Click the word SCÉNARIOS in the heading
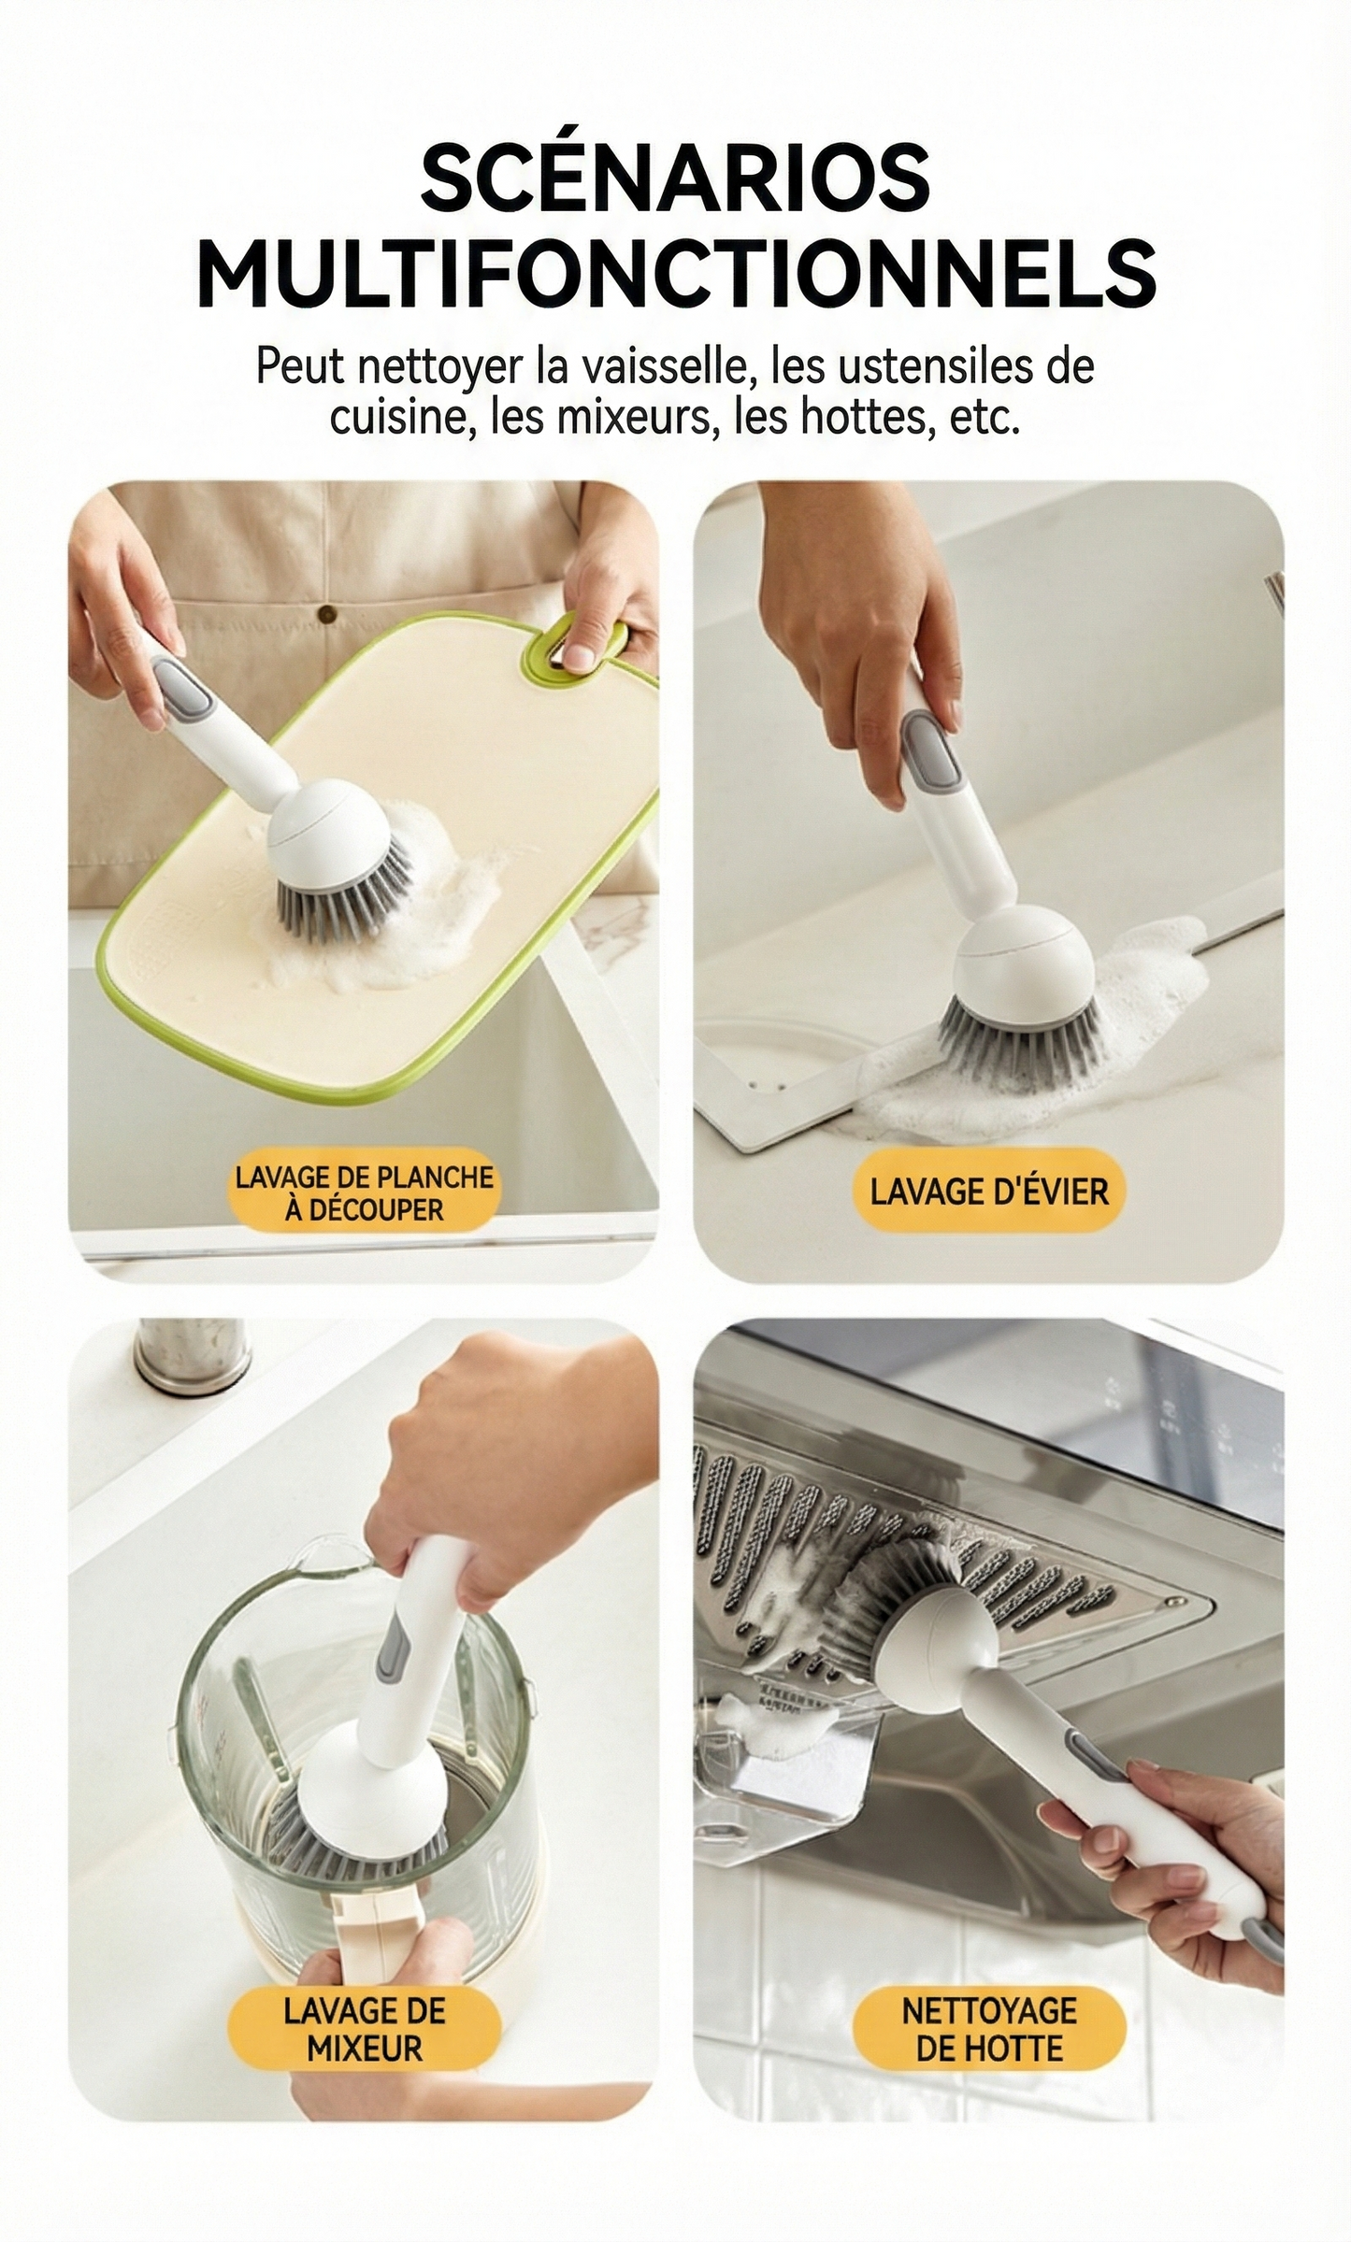(x=675, y=178)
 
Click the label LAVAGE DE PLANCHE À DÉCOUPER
(x=364, y=1192)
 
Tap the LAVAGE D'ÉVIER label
(x=988, y=1192)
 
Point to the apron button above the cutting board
(x=326, y=614)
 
